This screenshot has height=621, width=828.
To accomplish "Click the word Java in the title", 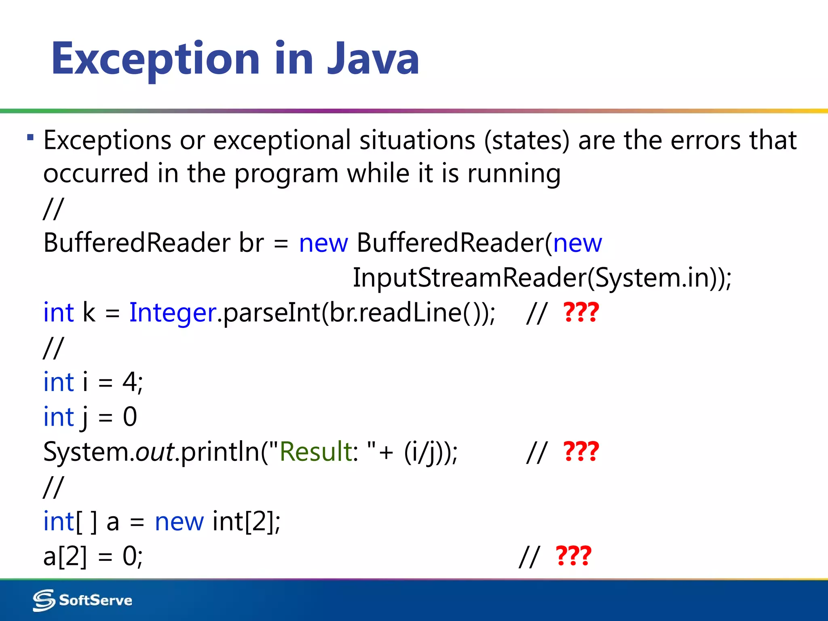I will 373,59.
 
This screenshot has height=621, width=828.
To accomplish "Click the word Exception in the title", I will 156,59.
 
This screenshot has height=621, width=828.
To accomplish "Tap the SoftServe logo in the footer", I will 82,600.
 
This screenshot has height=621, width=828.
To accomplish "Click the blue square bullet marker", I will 30,137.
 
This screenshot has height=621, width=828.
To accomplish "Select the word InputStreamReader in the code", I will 469,278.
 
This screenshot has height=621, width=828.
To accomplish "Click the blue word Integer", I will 173,313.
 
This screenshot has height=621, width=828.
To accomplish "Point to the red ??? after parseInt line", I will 581,313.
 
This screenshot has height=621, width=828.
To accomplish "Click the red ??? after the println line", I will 581,452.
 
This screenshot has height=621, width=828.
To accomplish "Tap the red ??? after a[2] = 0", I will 573,556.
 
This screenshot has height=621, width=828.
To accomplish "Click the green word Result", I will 316,452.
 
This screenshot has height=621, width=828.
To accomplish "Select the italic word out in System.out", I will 155,452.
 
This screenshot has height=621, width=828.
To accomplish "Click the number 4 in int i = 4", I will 129,382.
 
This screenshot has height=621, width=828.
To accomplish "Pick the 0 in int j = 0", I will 130,417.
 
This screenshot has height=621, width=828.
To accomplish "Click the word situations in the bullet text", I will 417,140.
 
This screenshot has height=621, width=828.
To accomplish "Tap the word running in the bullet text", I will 514,174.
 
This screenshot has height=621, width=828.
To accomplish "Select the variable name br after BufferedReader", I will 251,243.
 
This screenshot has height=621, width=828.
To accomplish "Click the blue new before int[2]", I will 179,522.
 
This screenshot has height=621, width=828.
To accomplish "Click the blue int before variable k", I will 59,313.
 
